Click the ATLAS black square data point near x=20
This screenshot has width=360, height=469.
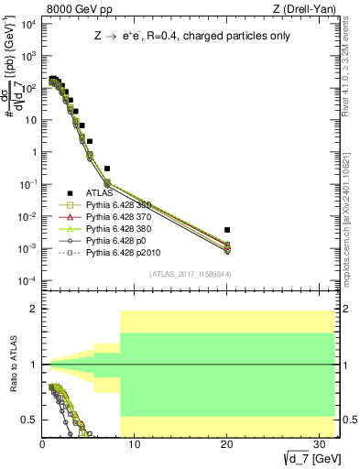pyautogui.click(x=227, y=230)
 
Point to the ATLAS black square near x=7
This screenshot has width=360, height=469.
pyautogui.click(x=107, y=169)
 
